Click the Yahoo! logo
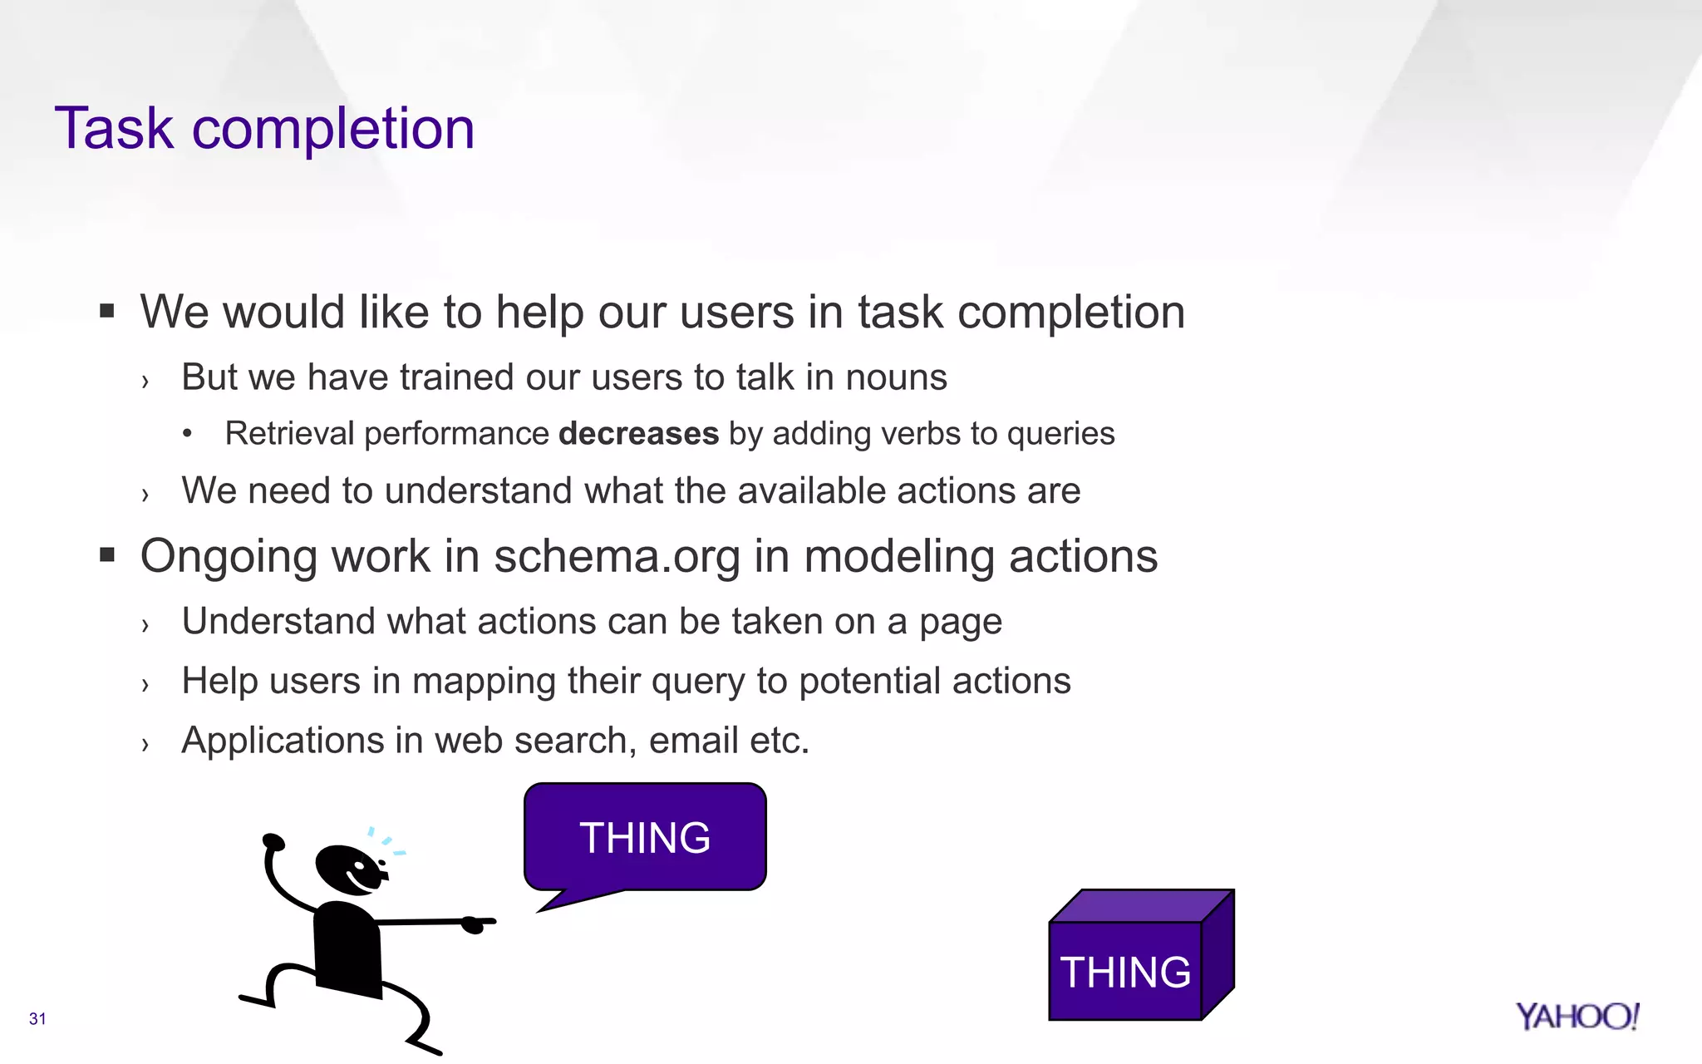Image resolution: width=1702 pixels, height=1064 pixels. coord(1577,1017)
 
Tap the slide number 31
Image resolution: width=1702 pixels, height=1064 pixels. coord(37,1019)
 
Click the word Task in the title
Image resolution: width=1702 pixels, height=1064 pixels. coord(114,129)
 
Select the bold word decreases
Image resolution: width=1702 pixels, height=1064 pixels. coord(638,434)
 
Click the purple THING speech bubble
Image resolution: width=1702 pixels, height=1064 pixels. coord(645,837)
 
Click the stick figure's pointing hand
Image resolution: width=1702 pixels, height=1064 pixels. coord(476,923)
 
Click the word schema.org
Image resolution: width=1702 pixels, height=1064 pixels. coord(617,556)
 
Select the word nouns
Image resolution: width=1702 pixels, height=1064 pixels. coord(896,377)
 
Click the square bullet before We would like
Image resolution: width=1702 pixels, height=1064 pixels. coord(106,312)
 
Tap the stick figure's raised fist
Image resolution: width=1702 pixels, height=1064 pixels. coord(273,843)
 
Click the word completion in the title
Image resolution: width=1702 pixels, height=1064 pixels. coord(333,129)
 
